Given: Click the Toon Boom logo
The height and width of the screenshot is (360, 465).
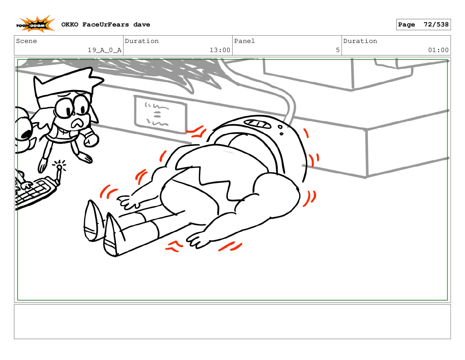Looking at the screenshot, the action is point(35,24).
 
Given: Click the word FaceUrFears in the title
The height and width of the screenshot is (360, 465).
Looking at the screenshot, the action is point(106,25).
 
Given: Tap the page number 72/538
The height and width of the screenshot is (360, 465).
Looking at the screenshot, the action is point(436,25).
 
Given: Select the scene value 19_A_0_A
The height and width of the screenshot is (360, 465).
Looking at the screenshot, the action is point(105,50).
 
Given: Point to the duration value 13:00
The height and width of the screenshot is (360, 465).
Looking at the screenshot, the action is point(220,50).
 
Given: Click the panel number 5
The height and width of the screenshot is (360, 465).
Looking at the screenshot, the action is point(337,50).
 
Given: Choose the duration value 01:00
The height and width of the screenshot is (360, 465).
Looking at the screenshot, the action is point(438,50).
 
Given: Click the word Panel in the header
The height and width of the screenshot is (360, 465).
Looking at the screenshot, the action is point(244,41).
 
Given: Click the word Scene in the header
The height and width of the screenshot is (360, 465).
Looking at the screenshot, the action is point(26,41).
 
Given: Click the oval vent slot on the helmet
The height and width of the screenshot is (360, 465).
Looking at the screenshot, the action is point(258,124).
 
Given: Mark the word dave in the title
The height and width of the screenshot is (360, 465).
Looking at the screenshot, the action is point(142,25).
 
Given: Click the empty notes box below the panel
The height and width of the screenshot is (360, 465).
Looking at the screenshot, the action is point(232,322).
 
